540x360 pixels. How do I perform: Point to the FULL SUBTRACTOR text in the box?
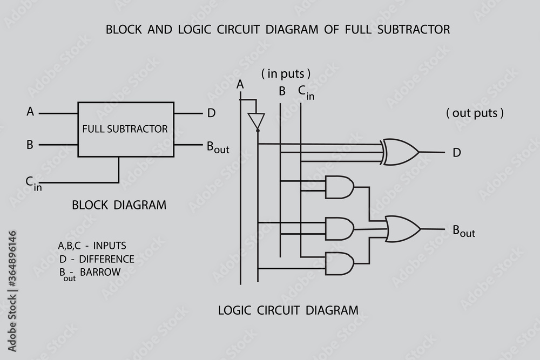tap(125, 129)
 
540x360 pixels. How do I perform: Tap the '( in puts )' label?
tap(286, 73)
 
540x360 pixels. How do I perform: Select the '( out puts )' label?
tap(475, 113)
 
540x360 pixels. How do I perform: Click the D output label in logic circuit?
tap(457, 153)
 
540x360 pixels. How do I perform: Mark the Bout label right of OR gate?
tap(463, 231)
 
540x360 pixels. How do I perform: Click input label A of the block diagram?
tap(30, 112)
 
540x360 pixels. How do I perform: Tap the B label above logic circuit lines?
tap(282, 91)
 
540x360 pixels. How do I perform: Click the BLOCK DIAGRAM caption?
tap(119, 205)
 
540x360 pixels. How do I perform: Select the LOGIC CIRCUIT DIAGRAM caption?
tap(288, 310)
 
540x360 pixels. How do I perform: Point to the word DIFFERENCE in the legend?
tap(107, 259)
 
